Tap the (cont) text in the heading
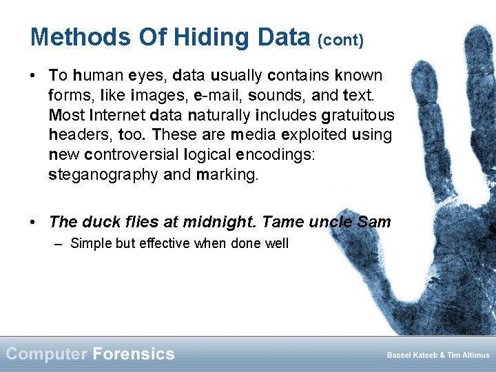click(x=340, y=40)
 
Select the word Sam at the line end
click(x=374, y=222)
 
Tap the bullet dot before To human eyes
click(x=33, y=74)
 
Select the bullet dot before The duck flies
click(x=33, y=222)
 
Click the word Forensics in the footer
click(x=134, y=354)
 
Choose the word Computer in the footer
click(x=46, y=354)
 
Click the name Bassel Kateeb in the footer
click(x=410, y=355)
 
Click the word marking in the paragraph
click(x=227, y=174)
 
